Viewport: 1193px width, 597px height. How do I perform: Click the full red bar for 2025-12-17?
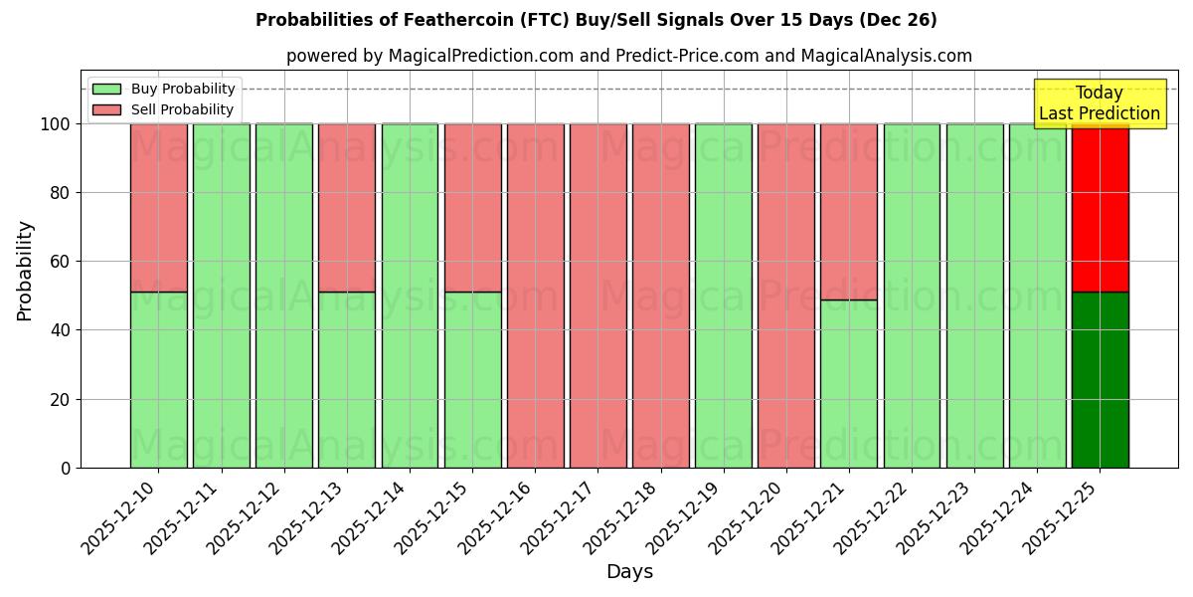[x=597, y=296]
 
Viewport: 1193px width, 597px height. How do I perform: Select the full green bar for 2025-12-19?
[x=724, y=296]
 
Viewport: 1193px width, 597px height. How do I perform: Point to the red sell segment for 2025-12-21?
[x=849, y=211]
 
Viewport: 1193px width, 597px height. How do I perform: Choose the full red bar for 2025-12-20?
[x=786, y=296]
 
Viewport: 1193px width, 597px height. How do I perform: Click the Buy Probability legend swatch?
[x=106, y=89]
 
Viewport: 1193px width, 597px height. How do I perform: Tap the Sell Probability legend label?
[x=182, y=109]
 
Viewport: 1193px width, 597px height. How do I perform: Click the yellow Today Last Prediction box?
[x=1099, y=103]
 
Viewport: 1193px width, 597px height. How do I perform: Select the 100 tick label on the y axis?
[x=57, y=124]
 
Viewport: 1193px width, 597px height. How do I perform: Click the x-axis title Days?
[x=629, y=572]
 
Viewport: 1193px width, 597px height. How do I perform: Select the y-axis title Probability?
[x=25, y=271]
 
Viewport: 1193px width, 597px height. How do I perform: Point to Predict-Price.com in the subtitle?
[x=686, y=56]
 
